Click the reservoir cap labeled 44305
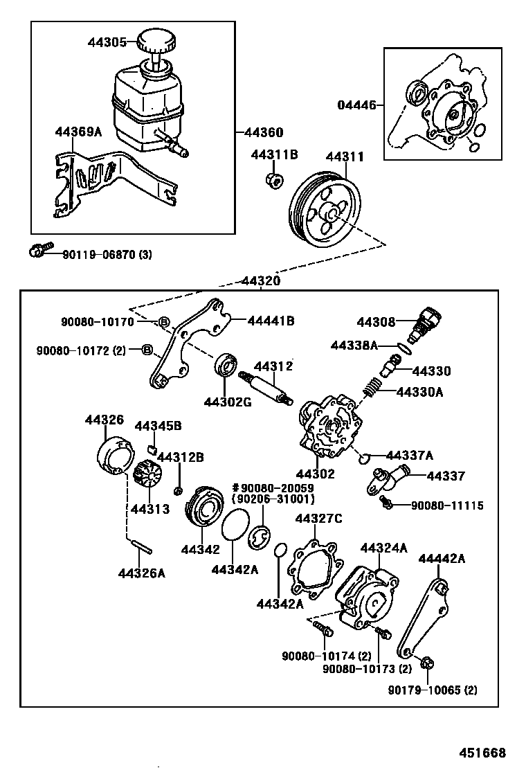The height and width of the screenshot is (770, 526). (x=156, y=42)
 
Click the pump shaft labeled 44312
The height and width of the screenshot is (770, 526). (x=266, y=388)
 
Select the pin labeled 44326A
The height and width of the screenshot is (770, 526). (x=140, y=547)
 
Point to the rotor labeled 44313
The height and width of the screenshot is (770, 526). (x=147, y=477)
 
